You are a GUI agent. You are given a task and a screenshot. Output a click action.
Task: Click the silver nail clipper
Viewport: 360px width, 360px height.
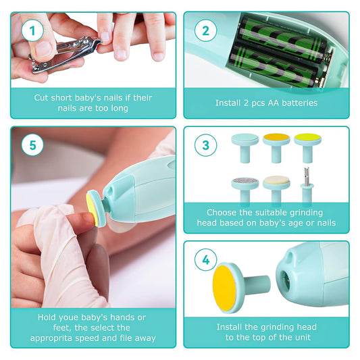pyautogui.click(x=65, y=51)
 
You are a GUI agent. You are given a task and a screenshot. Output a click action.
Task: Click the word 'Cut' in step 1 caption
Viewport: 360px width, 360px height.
pyautogui.click(x=43, y=98)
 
